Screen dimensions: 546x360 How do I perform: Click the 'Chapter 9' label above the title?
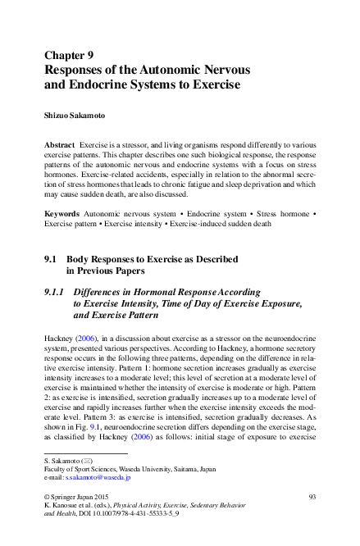point(68,56)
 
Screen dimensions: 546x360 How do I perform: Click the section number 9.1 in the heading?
point(51,259)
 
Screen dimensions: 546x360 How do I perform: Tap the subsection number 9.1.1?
point(56,291)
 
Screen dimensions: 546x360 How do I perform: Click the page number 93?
point(312,498)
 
